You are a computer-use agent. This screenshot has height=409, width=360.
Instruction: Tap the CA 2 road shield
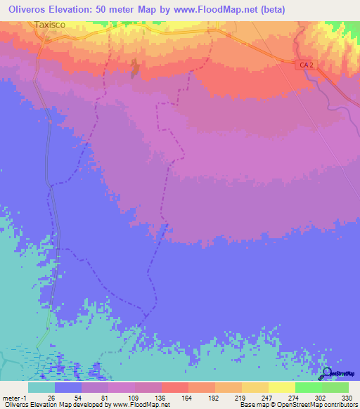pyautogui.click(x=304, y=65)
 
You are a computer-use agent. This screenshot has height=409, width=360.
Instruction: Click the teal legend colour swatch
pyautogui.click(x=41, y=387)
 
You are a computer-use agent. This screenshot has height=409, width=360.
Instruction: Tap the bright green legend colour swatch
pyautogui.click(x=308, y=387)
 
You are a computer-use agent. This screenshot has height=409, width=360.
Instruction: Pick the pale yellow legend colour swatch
pyautogui.click(x=281, y=387)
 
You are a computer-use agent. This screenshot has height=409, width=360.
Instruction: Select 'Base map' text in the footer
pyautogui.click(x=252, y=405)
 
